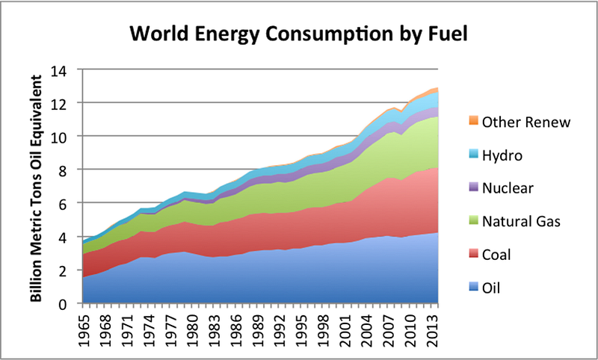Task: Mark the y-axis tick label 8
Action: click(64, 170)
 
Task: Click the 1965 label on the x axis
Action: click(86, 328)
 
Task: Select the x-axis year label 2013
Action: click(433, 328)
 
